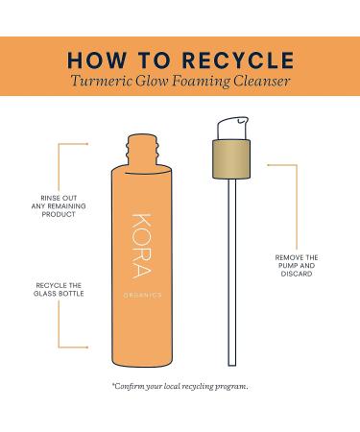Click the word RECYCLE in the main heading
[238, 60]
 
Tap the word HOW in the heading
[97, 60]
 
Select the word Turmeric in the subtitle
[101, 81]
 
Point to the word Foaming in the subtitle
[201, 82]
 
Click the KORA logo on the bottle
[141, 246]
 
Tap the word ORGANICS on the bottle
[143, 296]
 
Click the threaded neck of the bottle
[142, 150]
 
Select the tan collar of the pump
[231, 159]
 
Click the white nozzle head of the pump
[232, 129]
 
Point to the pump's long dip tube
[232, 272]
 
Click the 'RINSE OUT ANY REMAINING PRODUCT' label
[59, 206]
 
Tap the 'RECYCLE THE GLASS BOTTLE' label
[59, 289]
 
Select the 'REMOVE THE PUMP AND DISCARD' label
[297, 266]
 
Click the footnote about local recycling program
[180, 387]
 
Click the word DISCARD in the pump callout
[297, 274]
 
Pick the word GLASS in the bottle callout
[46, 294]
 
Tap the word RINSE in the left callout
[50, 198]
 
